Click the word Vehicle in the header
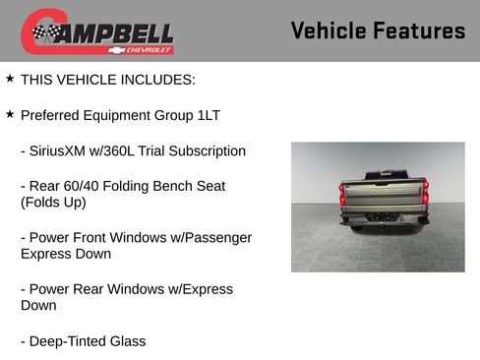click(330, 30)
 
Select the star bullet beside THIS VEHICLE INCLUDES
click(10, 78)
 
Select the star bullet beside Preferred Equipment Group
click(10, 114)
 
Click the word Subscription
click(208, 151)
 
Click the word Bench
click(176, 186)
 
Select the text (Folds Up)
click(53, 203)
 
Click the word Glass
click(127, 341)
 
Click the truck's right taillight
click(425, 195)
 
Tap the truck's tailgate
click(384, 197)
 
